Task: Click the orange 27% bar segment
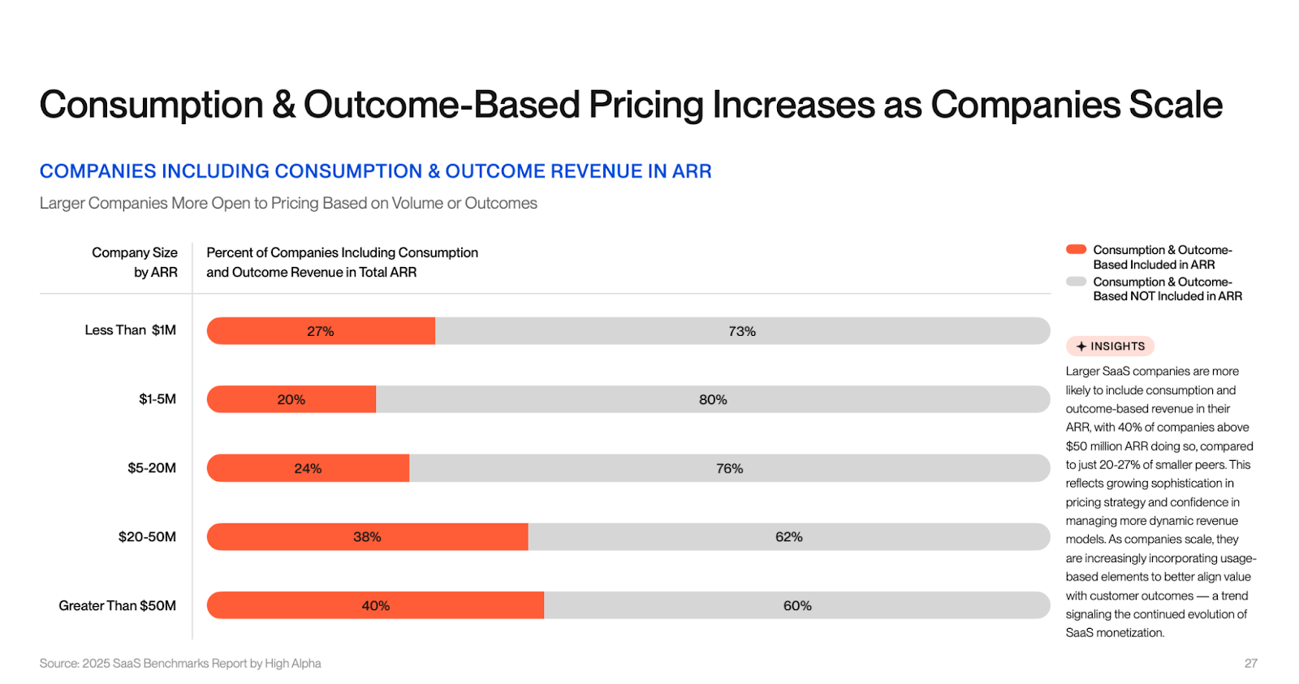321,331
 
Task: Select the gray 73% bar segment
742,331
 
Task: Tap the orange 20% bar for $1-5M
291,399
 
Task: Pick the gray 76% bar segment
729,468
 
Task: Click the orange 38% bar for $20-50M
367,537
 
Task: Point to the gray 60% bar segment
796,605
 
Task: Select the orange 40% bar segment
375,605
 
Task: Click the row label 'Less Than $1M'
130,330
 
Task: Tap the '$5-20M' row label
152,468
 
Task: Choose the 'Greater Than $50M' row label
117,605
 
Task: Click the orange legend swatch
1076,250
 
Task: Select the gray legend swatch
1076,282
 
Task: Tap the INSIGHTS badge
1110,346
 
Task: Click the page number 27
1250,664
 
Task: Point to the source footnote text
180,664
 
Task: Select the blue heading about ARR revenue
375,171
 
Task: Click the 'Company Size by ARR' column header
135,262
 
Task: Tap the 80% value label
713,399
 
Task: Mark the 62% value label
788,537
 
